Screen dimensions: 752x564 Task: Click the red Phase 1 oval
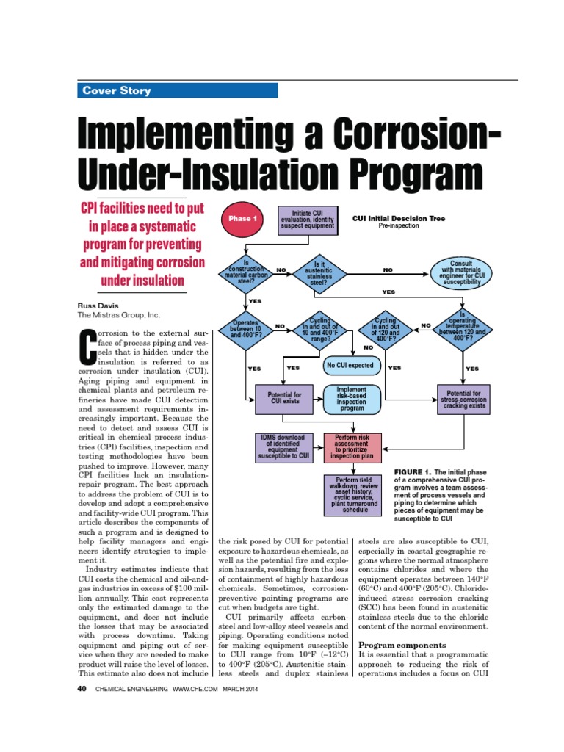[x=243, y=219]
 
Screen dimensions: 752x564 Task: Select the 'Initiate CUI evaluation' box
[x=308, y=219]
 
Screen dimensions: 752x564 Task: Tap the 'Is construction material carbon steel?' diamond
[x=246, y=270]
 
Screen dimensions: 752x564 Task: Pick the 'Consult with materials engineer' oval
[x=462, y=270]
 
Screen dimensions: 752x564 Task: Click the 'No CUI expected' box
[x=350, y=366]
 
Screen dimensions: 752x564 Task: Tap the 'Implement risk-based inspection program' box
[x=352, y=399]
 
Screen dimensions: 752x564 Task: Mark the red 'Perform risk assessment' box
[x=352, y=447]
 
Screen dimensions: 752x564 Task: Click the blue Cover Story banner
[x=178, y=91]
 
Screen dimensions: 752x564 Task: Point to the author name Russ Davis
[x=98, y=305]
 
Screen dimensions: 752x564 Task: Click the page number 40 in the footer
[x=82, y=689]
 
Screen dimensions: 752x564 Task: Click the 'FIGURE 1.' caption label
[x=416, y=471]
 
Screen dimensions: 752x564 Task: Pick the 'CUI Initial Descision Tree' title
[x=399, y=218]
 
